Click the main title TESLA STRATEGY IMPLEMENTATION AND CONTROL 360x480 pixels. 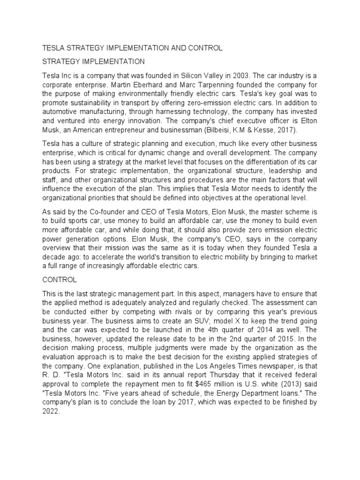(132, 48)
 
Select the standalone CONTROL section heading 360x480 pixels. (60, 280)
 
